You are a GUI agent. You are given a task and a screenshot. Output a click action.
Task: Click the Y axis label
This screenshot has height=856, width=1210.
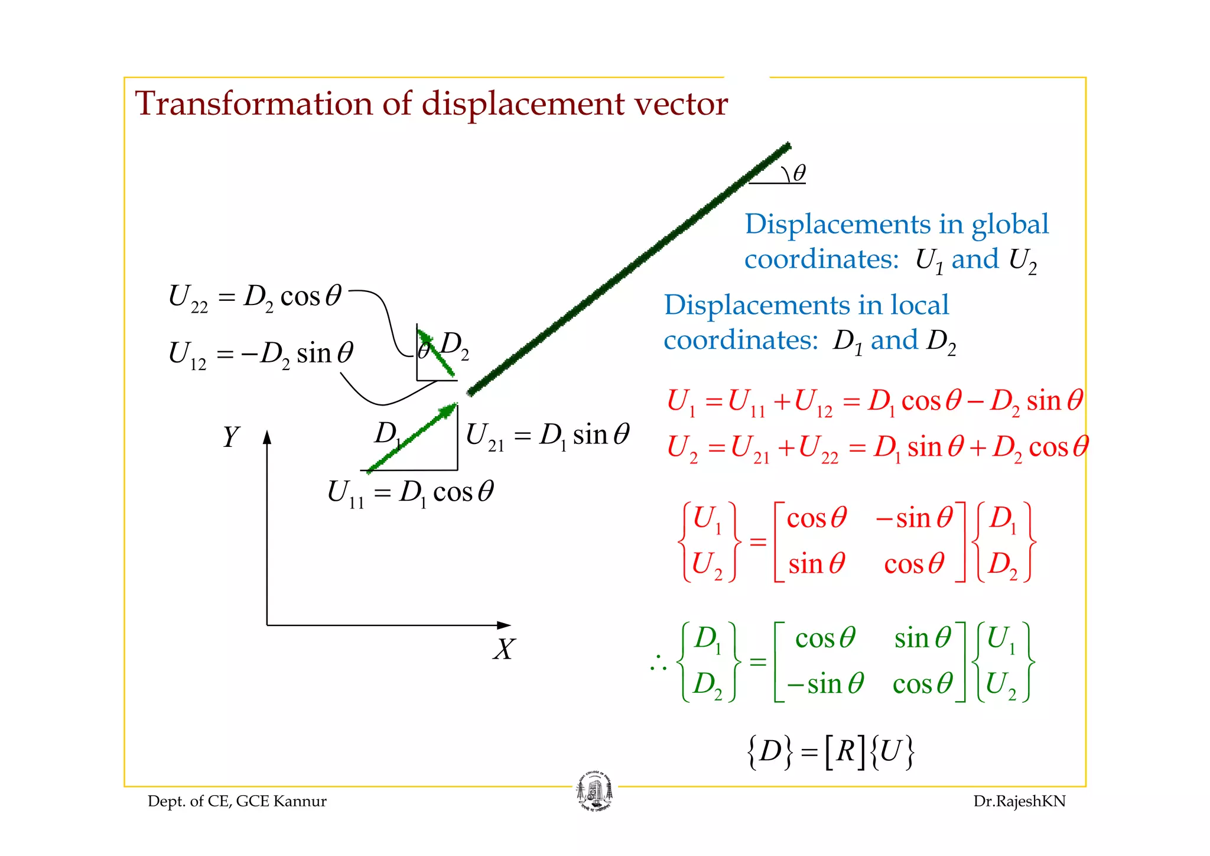[x=230, y=437]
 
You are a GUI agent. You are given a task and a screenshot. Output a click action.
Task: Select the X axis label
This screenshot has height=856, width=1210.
[x=504, y=649]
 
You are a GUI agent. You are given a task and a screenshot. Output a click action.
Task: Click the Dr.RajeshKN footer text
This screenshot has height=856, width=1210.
[x=1019, y=801]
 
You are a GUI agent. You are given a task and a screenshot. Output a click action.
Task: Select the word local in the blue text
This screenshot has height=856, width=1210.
[x=919, y=306]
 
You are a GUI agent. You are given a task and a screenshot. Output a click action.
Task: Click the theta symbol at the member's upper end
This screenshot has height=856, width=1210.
[x=799, y=173]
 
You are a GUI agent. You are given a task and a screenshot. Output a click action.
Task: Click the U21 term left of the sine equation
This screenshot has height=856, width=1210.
[x=484, y=437]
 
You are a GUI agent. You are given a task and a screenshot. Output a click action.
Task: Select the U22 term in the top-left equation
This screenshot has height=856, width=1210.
[x=188, y=297]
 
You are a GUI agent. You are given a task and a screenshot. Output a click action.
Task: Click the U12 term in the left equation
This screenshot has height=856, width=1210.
[x=187, y=355]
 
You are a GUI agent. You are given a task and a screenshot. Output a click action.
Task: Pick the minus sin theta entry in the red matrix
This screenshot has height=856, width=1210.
[x=913, y=518]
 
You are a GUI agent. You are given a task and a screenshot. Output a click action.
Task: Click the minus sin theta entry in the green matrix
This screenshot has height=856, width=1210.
[x=825, y=685]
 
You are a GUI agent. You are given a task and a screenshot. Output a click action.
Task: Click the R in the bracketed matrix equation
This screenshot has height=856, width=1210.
[x=845, y=752]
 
